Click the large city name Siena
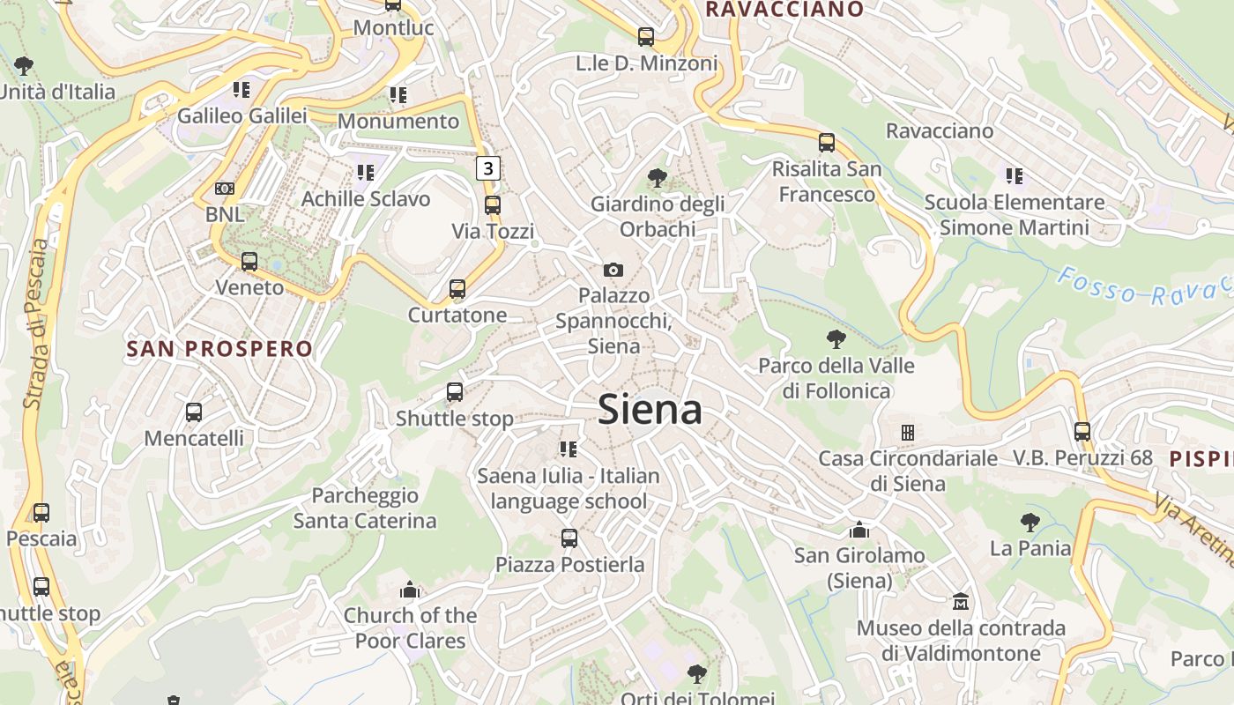[650, 410]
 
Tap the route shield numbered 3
[488, 167]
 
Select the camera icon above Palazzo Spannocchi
[613, 270]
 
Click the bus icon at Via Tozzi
[493, 205]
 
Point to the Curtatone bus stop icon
[457, 289]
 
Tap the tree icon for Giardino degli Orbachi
[657, 178]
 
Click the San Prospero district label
[219, 349]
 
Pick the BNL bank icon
[225, 189]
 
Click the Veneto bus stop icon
[249, 262]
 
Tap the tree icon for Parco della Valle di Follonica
[836, 339]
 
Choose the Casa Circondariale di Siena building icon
[907, 433]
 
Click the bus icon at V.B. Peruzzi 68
[1082, 432]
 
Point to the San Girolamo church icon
[859, 530]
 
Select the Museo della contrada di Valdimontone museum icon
[961, 602]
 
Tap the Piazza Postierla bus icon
[569, 538]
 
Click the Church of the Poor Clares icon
[410, 590]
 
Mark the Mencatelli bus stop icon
[194, 412]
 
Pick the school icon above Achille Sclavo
[365, 173]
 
